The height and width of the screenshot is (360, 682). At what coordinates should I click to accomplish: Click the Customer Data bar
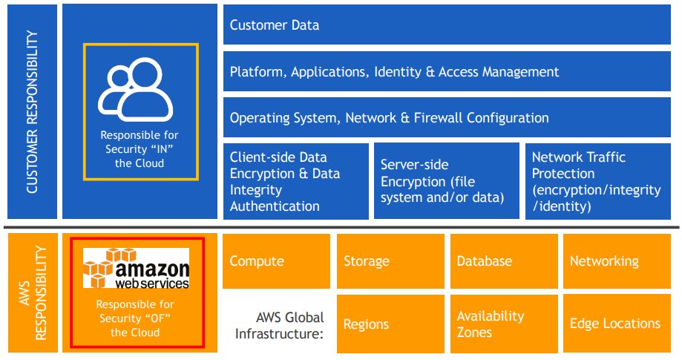[x=451, y=25]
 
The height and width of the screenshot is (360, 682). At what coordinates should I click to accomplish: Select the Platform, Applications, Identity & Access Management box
[x=451, y=72]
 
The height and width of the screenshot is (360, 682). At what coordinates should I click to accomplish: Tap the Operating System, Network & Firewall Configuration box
[x=451, y=118]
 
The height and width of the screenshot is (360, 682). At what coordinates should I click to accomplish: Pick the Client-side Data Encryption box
[x=296, y=181]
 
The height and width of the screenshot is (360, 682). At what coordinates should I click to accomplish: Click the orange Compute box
[x=276, y=261]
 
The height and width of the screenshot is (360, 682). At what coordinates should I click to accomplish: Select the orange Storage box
[x=390, y=261]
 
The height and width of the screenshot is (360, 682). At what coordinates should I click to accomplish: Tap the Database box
[x=503, y=261]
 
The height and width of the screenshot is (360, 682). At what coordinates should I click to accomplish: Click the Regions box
[x=390, y=324]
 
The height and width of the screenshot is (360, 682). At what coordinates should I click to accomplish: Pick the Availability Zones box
[x=503, y=324]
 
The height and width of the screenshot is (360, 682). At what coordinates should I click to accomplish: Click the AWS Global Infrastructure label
[x=279, y=325]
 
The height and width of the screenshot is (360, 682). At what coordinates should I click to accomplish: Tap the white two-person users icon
[x=140, y=94]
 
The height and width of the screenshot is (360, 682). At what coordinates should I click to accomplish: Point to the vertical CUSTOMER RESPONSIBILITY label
[x=31, y=111]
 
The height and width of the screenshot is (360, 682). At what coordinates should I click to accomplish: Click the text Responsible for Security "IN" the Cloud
[x=140, y=149]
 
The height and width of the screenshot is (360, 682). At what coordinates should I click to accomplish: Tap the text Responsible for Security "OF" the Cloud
[x=137, y=318]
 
